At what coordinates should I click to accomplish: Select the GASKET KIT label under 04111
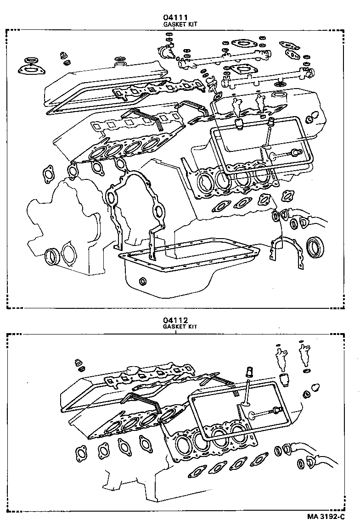180,24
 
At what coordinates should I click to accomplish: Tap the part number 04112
176,320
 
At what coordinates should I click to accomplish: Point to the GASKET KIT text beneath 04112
180,327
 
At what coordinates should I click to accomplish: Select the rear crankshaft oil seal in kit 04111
316,246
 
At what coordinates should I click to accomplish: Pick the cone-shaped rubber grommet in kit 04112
315,386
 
